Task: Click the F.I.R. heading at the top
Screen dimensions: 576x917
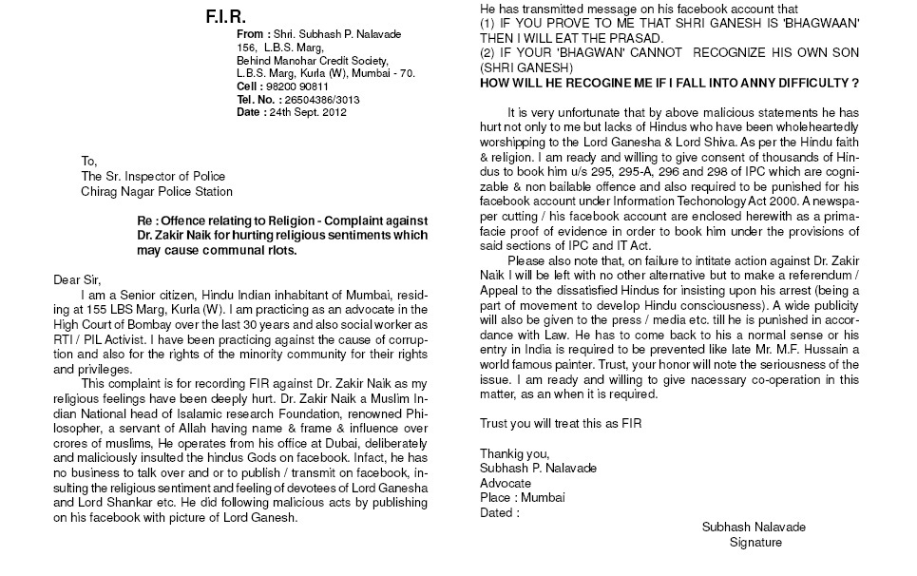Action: (x=225, y=17)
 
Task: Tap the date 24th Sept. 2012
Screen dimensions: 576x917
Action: (x=305, y=112)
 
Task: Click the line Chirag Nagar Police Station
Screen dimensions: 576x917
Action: (x=157, y=191)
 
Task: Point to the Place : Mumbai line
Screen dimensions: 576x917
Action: (x=523, y=497)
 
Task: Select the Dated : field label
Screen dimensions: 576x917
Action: (x=500, y=512)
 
